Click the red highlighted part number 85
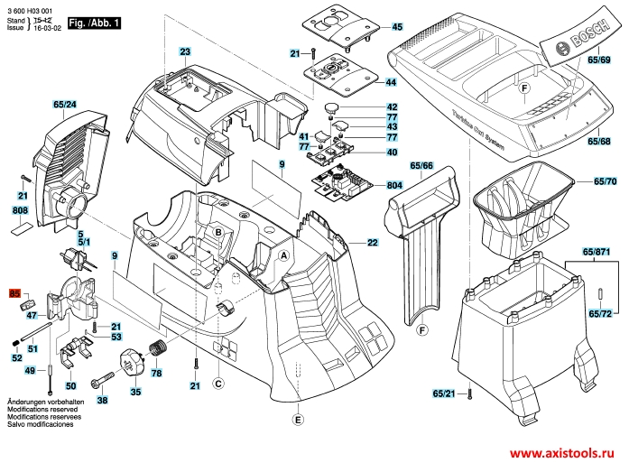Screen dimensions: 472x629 click(14, 293)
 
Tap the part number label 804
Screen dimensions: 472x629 click(393, 185)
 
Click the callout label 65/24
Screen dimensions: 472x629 click(64, 106)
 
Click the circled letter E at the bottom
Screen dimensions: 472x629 click(298, 418)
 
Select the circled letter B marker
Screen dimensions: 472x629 click(217, 232)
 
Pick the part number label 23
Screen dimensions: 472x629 click(184, 51)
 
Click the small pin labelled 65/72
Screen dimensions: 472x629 click(599, 295)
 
